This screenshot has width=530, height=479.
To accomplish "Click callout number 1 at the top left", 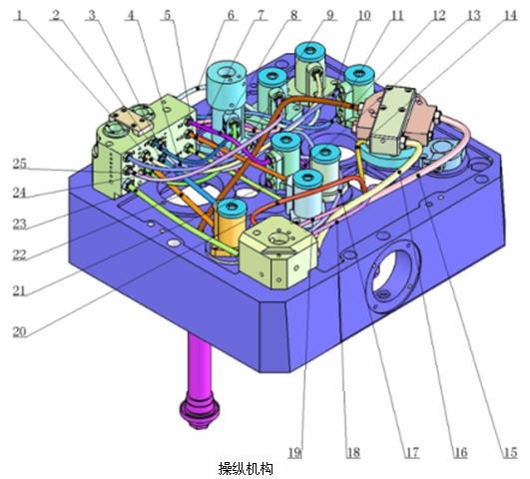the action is click(21, 15).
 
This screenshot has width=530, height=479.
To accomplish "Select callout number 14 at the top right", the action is click(510, 16).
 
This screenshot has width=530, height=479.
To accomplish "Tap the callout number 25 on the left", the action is click(19, 164).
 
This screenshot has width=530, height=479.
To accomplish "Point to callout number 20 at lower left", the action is click(19, 331).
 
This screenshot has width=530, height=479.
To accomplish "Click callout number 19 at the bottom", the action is click(295, 453).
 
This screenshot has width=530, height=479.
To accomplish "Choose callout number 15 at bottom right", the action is click(510, 453).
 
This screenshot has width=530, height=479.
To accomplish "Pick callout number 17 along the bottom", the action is click(412, 453).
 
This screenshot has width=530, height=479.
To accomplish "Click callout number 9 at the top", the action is click(329, 15).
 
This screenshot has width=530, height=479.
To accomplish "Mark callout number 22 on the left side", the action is click(19, 254).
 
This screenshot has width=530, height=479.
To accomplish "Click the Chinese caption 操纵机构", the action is click(246, 469).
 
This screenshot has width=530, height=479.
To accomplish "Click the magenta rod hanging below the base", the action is click(200, 365).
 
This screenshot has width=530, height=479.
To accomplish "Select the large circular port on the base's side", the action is click(392, 277).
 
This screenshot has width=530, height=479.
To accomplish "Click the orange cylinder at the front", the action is click(231, 229).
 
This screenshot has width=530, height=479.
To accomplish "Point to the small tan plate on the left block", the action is click(131, 119).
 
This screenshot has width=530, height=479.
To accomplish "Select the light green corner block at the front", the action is click(277, 251).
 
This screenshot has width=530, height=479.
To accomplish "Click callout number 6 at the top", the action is click(231, 15).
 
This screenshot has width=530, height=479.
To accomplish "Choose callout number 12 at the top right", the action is click(438, 16).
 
